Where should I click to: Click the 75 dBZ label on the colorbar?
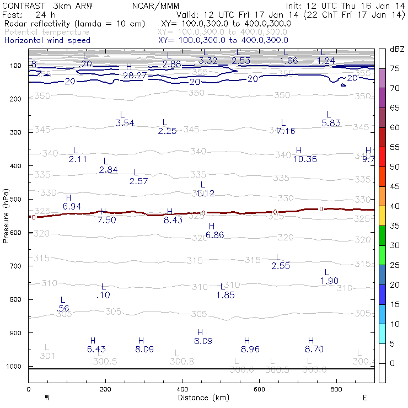[x=395, y=68]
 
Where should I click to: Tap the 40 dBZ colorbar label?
[x=395, y=206]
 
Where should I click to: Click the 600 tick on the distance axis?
[x=259, y=388]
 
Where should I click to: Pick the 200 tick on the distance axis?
[x=105, y=388]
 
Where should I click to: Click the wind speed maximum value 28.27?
[x=135, y=75]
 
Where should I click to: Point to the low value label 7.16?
[x=286, y=131]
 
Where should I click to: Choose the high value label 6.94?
[x=72, y=206]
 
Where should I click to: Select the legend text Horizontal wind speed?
[x=47, y=40]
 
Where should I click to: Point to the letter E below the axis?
[x=364, y=397]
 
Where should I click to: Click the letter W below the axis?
[x=47, y=397]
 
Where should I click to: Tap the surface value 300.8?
[x=182, y=362]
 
